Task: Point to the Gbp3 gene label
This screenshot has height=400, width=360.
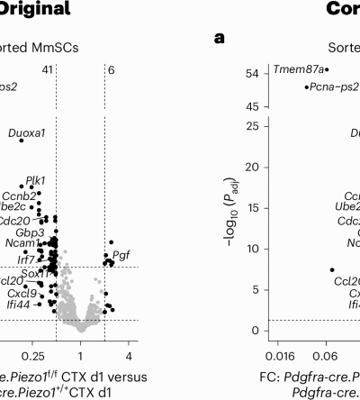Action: [30, 232]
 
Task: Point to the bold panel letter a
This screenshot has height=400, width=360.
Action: [219, 39]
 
